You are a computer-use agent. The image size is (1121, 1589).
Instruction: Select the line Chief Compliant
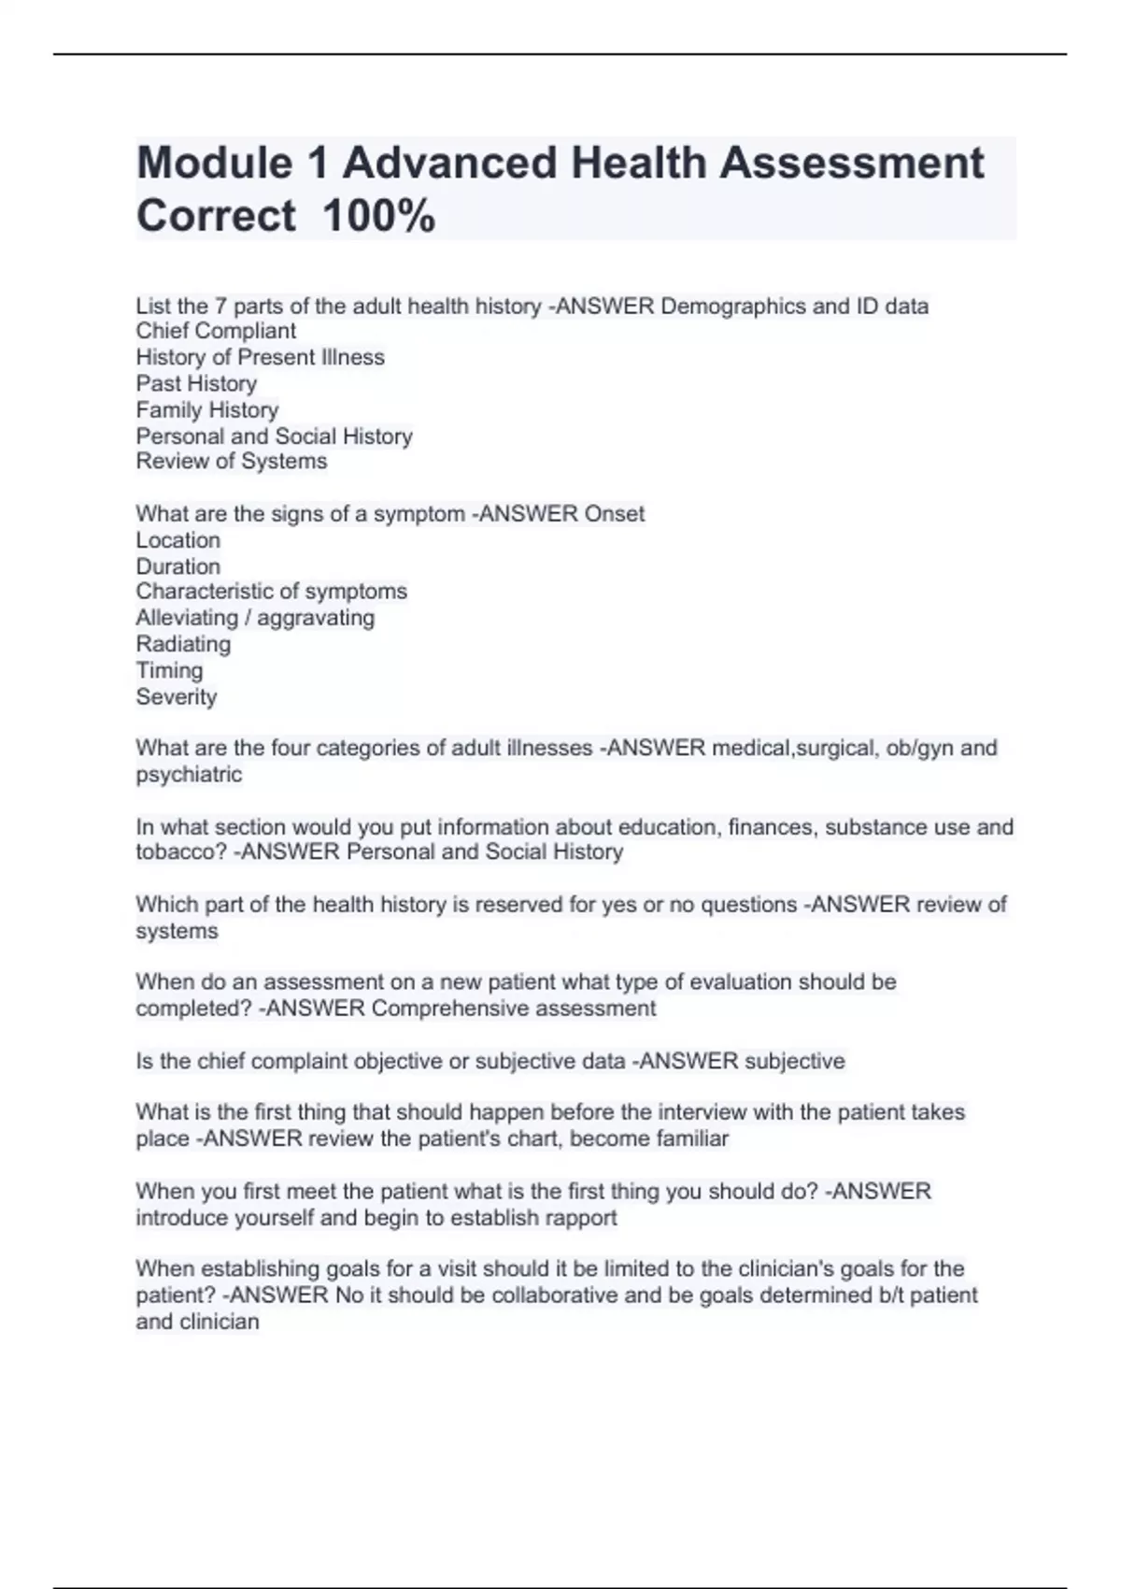click(216, 331)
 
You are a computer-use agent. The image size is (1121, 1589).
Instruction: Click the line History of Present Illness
click(260, 357)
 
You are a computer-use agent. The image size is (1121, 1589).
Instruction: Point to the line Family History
click(206, 409)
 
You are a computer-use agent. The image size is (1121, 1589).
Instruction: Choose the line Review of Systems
click(231, 461)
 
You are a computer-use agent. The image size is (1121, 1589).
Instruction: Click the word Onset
click(614, 514)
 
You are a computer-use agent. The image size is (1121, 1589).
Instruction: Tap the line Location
click(177, 540)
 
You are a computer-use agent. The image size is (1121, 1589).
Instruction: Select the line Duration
click(177, 566)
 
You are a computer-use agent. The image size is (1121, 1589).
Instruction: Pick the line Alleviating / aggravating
click(255, 618)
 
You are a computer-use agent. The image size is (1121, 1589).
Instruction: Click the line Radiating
click(183, 644)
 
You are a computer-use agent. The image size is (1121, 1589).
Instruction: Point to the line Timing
click(169, 670)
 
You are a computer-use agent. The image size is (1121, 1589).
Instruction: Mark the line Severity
click(176, 696)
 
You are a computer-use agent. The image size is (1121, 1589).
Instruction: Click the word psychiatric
click(189, 774)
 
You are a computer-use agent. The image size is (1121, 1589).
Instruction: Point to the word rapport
click(580, 1218)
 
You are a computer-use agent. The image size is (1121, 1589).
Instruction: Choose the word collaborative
click(555, 1296)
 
